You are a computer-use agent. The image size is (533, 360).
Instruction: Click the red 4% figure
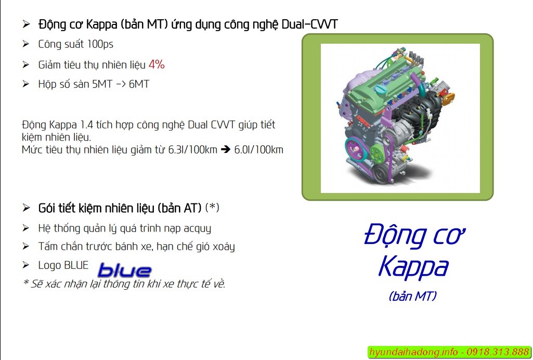pyautogui.click(x=157, y=65)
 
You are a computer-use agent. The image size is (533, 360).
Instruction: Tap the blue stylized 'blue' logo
pyautogui.click(x=124, y=271)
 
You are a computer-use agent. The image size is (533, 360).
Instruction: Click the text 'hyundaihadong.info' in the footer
pyautogui.click(x=413, y=352)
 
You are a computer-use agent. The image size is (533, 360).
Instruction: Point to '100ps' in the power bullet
pyautogui.click(x=100, y=44)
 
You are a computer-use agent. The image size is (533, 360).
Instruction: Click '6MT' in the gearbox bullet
pyautogui.click(x=139, y=84)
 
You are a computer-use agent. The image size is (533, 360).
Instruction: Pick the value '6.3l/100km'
pyautogui.click(x=192, y=150)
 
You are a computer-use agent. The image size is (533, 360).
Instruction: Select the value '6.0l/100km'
pyautogui.click(x=258, y=150)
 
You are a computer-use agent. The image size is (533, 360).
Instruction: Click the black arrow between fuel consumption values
pyautogui.click(x=226, y=149)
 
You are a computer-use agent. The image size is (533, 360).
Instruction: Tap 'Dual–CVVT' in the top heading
pyautogui.click(x=310, y=24)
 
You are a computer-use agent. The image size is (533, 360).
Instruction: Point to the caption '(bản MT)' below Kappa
pyautogui.click(x=413, y=295)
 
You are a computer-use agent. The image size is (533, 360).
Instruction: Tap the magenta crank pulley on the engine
pyautogui.click(x=356, y=149)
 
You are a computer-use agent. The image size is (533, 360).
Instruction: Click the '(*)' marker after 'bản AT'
pyautogui.click(x=213, y=208)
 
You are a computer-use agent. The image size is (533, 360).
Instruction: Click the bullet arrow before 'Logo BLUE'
pyautogui.click(x=26, y=264)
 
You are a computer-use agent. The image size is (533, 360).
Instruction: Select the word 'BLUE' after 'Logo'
pyautogui.click(x=76, y=265)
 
